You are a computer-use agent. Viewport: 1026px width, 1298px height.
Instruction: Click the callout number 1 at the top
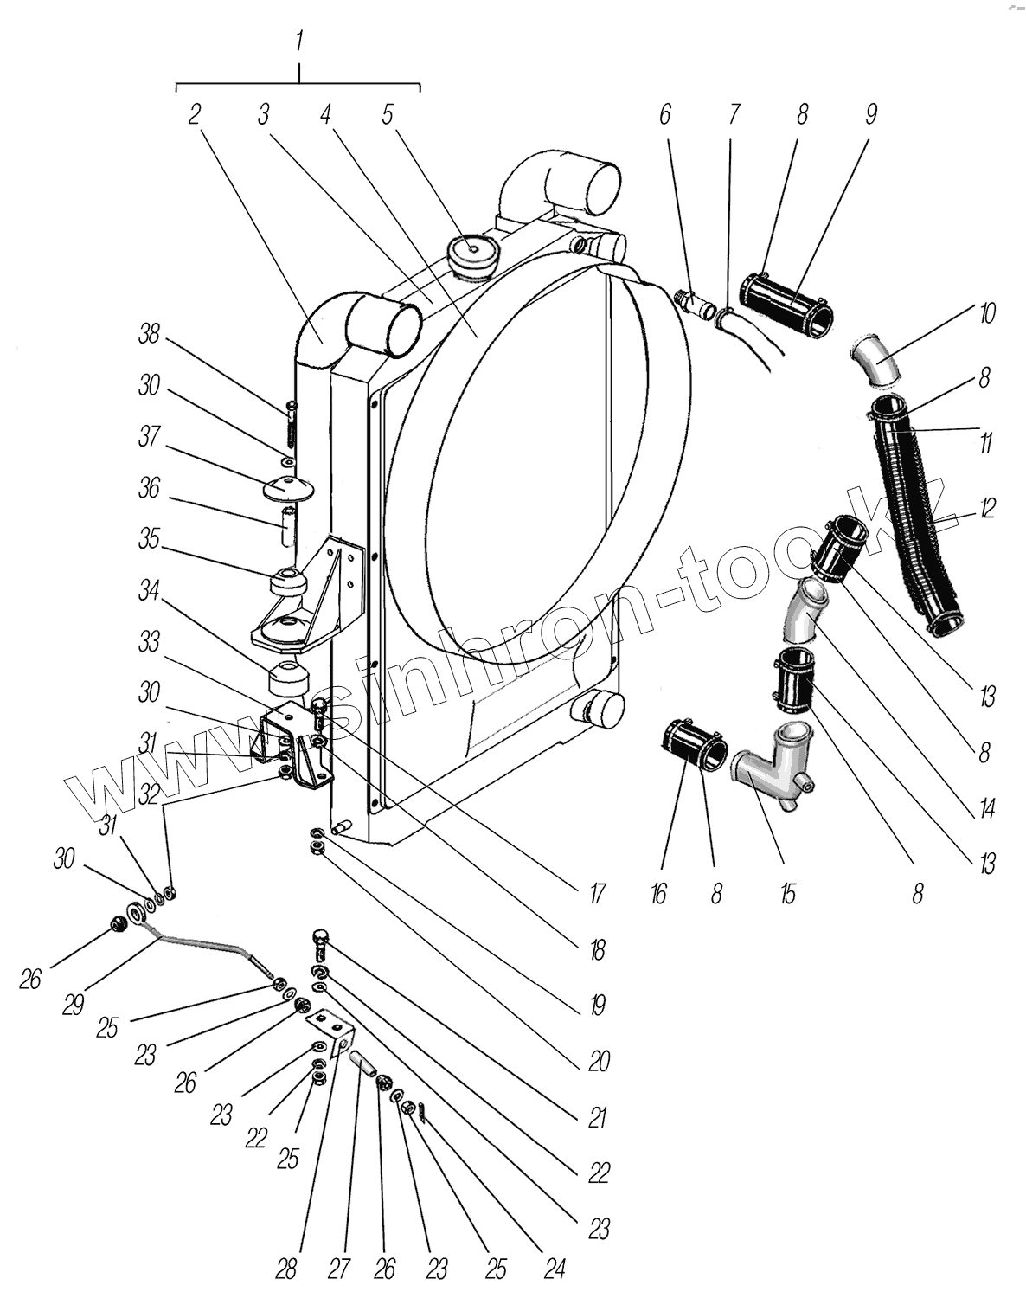point(298,41)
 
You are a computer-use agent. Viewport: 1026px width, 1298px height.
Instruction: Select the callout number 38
point(150,333)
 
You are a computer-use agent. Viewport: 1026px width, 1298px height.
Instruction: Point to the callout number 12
point(987,509)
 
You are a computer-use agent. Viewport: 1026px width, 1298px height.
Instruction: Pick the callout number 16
point(658,893)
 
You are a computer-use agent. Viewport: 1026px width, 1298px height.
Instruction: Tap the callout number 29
point(73,1004)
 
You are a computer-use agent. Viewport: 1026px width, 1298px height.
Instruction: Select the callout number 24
point(554,1269)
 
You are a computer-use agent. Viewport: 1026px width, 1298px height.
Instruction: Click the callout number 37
point(150,437)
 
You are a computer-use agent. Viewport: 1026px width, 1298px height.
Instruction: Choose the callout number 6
point(664,114)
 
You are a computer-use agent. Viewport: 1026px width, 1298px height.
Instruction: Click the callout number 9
point(870,114)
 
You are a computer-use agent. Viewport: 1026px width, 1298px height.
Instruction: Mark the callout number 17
point(596,893)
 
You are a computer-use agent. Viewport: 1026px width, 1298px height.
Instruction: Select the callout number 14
point(986,808)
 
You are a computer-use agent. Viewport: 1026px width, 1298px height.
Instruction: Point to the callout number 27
point(338,1269)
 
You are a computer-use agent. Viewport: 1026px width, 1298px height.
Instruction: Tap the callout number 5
point(388,114)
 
